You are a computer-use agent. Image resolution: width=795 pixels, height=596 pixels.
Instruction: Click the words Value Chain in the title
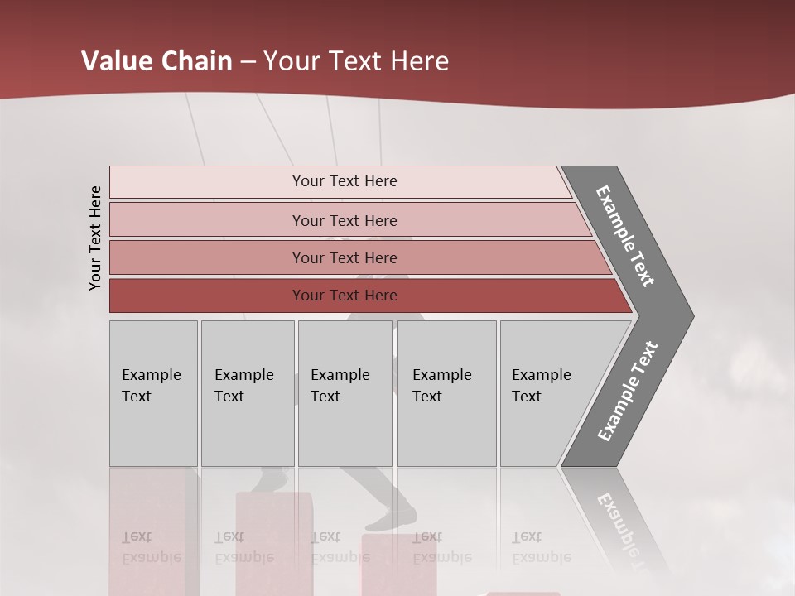157,61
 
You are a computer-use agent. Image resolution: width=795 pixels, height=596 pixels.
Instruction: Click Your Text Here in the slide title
356,61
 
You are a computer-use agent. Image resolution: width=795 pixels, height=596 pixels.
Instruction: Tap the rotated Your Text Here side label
95,238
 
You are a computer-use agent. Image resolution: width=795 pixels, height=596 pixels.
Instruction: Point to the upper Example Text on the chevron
625,236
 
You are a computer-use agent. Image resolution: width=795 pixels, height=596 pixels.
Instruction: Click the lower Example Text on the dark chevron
627,392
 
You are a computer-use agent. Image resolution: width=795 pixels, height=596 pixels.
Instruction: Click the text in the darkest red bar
344,296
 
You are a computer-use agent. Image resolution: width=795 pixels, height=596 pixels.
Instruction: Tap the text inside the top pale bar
344,181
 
